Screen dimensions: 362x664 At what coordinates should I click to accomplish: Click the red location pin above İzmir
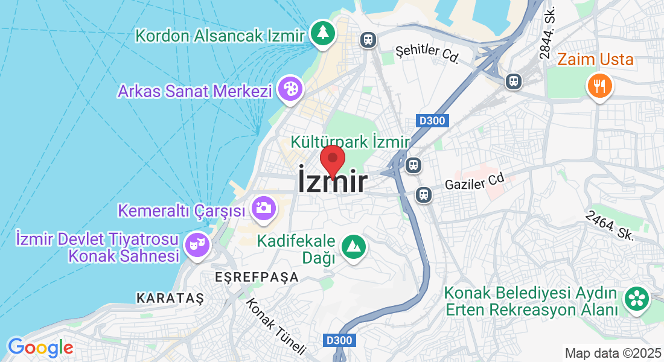pos(332,160)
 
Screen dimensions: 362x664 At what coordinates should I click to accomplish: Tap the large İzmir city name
pos(332,182)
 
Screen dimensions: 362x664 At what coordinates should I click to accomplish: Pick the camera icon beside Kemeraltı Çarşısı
pos(264,208)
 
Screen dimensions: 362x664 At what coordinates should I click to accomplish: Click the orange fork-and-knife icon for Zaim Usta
pos(599,86)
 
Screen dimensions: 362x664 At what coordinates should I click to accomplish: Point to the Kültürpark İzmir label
pos(350,142)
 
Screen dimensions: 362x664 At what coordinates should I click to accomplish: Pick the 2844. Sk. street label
pos(547,37)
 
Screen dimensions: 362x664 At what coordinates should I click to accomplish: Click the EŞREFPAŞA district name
pos(257,278)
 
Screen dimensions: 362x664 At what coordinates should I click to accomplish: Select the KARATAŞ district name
pos(170,298)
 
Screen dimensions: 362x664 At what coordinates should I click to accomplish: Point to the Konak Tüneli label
pos(276,326)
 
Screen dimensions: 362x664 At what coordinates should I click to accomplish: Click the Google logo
pos(40,347)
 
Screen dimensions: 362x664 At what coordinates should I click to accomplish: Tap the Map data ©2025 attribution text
pos(613,353)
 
